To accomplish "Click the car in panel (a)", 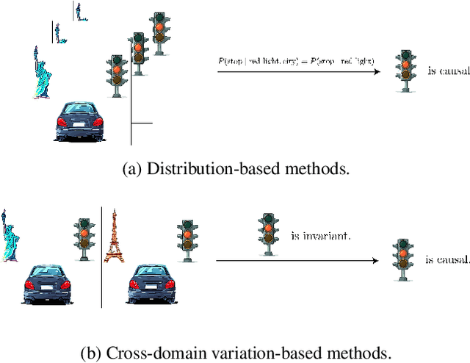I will [79, 121].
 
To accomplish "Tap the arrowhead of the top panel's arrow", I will [377, 71].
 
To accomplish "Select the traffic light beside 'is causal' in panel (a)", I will [402, 71].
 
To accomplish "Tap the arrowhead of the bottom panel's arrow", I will [377, 259].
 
